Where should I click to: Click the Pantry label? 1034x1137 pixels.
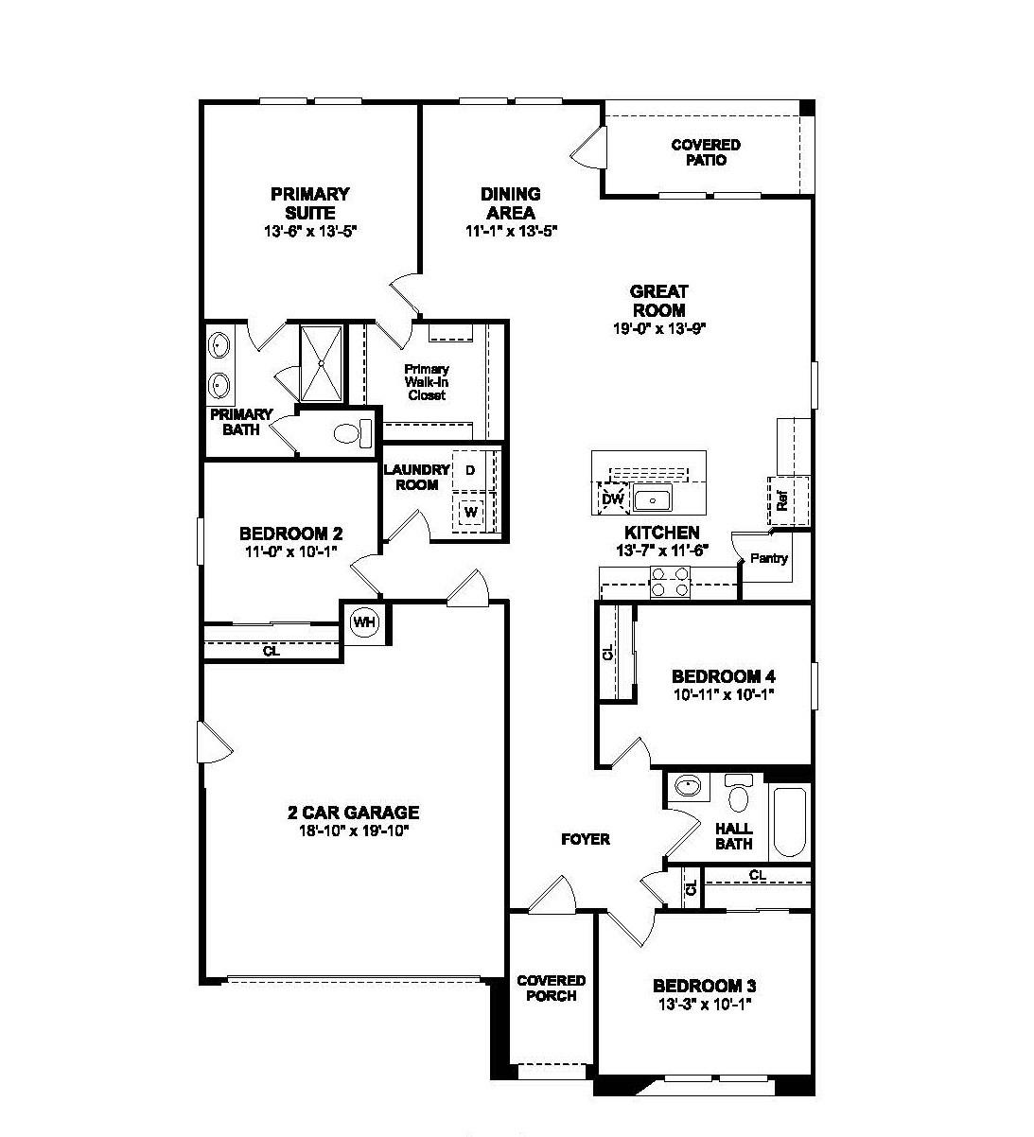click(768, 558)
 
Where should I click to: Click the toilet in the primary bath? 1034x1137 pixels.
click(351, 434)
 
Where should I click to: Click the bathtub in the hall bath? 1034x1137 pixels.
click(789, 820)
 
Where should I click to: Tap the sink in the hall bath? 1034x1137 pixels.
click(689, 786)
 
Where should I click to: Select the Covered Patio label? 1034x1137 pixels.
click(706, 152)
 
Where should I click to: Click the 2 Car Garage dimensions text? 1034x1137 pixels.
click(353, 831)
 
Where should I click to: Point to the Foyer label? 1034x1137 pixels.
click(586, 839)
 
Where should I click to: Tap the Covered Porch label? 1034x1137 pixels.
click(551, 988)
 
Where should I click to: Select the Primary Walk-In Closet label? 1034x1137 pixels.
click(427, 382)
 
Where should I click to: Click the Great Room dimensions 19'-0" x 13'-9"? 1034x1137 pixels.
click(658, 328)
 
